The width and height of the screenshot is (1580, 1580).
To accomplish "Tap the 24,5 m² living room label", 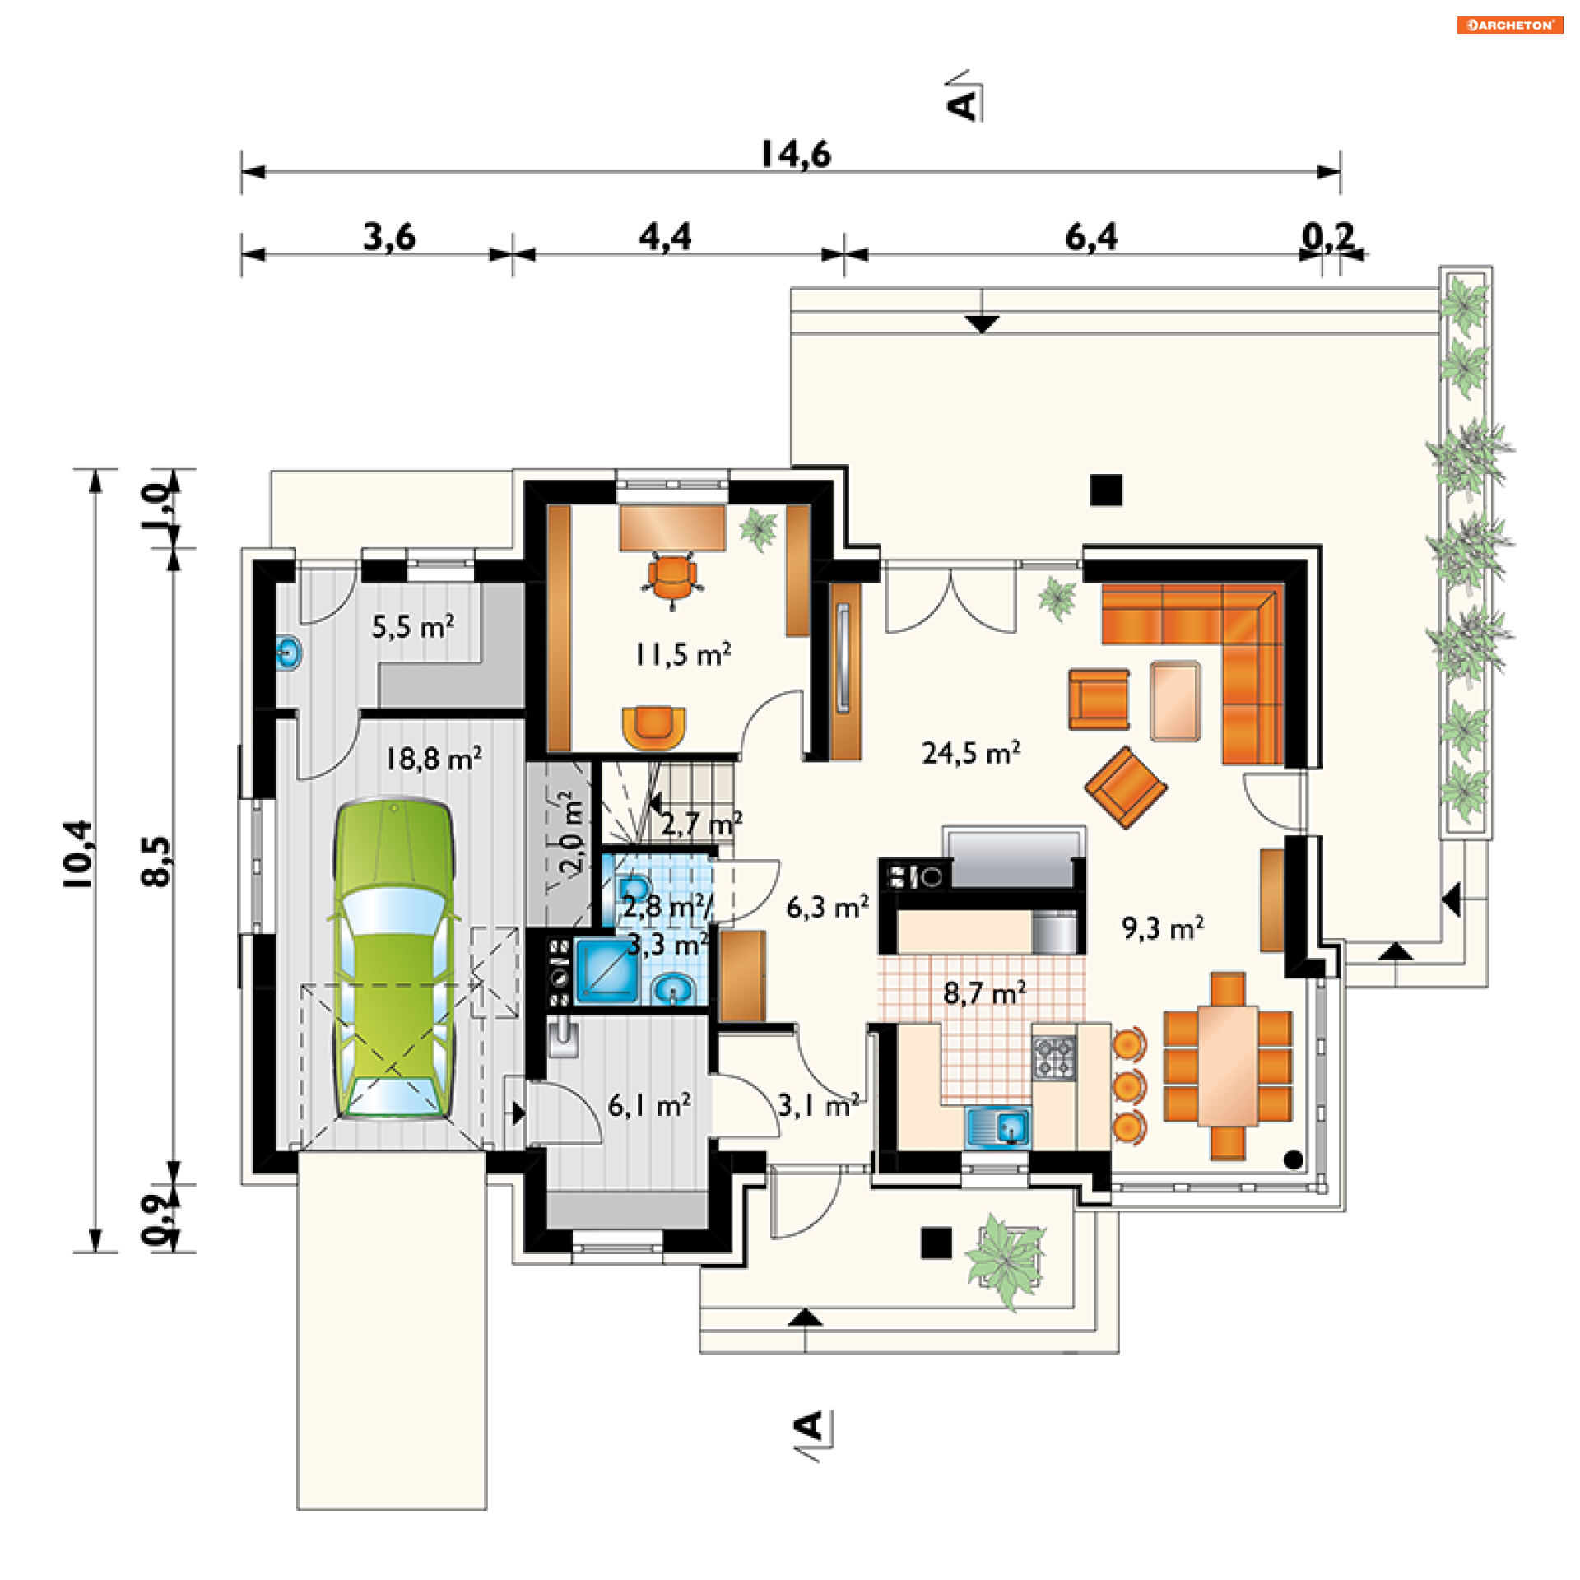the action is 971,753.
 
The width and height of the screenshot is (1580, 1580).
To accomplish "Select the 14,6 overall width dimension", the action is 795,155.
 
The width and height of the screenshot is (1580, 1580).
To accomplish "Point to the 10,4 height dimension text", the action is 79,853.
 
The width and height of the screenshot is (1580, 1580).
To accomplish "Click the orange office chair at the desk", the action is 671,579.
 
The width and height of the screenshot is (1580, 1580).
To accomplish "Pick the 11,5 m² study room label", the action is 682,655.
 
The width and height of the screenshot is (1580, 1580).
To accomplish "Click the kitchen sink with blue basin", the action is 998,1127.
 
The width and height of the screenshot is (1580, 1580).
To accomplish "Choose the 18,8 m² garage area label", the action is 434,759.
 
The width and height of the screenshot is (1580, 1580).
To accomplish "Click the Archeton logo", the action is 1510,25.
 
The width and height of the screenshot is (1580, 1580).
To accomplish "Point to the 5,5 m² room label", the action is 412,627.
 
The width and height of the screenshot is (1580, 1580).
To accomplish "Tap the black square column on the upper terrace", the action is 1106,490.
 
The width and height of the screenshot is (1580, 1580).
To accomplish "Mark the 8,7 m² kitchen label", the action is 984,993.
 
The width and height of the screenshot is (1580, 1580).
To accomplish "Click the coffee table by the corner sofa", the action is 1175,700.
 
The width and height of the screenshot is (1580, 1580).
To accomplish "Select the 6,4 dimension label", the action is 1091,237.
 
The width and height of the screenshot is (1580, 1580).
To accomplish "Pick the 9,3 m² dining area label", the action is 1162,928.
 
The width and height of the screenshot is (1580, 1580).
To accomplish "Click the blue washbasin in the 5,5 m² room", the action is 288,654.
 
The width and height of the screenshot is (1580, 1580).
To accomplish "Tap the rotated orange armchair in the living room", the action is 1125,787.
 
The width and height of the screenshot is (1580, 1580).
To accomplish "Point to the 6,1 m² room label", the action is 648,1105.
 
